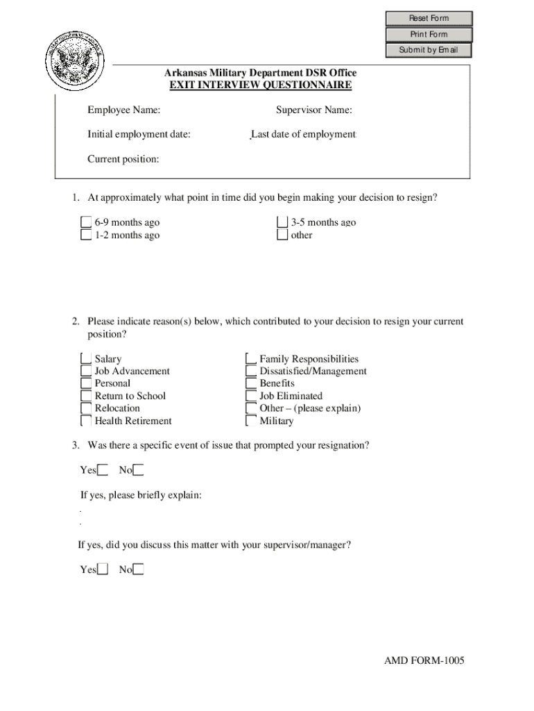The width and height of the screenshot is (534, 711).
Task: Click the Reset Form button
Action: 429,19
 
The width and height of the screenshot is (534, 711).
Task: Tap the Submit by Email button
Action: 429,50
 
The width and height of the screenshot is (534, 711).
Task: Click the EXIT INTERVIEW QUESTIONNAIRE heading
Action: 261,85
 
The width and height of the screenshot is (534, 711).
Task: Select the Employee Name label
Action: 123,110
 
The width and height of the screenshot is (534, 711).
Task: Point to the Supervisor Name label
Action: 313,110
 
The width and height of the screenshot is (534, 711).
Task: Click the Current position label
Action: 123,159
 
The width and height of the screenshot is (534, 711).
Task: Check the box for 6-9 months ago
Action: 86,222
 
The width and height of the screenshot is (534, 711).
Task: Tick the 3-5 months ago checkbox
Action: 282,222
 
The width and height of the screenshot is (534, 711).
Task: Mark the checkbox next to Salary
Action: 86,359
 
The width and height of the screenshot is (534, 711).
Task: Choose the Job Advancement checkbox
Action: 86,371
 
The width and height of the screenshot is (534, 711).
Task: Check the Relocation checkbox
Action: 86,408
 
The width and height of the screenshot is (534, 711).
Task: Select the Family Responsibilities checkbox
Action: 251,359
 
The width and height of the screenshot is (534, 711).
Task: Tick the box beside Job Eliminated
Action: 251,396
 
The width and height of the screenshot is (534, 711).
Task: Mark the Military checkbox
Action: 251,421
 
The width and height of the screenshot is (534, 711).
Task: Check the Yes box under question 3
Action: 103,471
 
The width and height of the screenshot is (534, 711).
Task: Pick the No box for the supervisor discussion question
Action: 139,570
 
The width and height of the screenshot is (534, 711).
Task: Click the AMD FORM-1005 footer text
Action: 424,660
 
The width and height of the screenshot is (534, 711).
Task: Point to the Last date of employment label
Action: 303,134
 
